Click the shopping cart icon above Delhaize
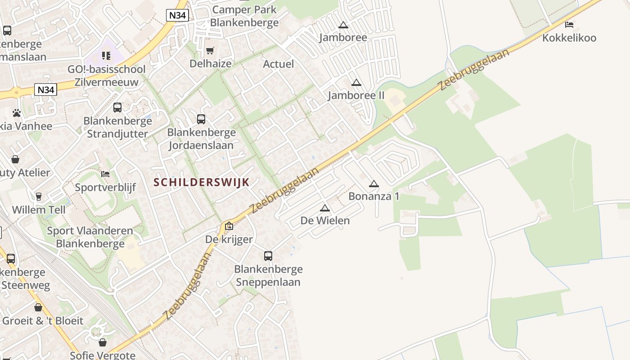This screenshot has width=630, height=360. [x=210, y=50]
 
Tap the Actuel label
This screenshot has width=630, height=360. [x=278, y=64]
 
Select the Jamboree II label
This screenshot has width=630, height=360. [x=356, y=95]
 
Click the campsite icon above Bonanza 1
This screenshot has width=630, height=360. [x=373, y=184]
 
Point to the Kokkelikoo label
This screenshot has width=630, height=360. [x=569, y=38]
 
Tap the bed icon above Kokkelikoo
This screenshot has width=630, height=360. [x=569, y=25]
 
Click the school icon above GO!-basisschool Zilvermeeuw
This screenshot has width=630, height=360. [x=106, y=56]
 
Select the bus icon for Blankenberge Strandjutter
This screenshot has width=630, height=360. [x=117, y=108]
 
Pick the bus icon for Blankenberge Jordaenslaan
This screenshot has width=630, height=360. [x=201, y=119]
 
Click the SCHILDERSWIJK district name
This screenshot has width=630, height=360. [x=201, y=182]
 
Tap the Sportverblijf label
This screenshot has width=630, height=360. [x=105, y=187]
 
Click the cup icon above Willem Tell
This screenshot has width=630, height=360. [x=38, y=197]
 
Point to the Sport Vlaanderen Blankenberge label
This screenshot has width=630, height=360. [x=90, y=237]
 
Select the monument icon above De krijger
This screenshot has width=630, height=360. [x=229, y=226]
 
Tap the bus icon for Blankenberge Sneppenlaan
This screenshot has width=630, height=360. [x=268, y=256]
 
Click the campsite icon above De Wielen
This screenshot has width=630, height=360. [x=325, y=208]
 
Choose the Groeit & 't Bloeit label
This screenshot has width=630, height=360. [x=43, y=321]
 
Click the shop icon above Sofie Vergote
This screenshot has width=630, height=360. [x=103, y=343]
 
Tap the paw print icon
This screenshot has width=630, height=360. [x=17, y=113]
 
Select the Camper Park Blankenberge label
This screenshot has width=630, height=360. [x=244, y=16]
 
